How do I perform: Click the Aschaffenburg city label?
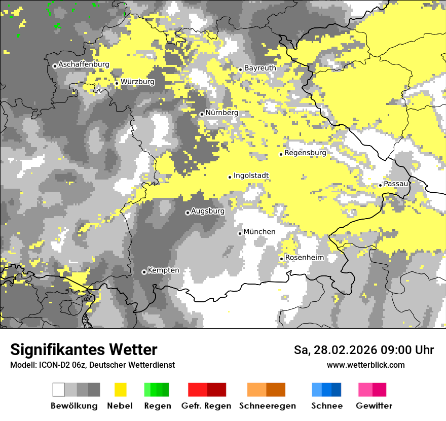tap(84, 64)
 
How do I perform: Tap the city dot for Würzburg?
tap(117, 83)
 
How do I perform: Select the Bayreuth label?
tap(260, 67)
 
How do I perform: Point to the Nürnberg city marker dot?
tap(202, 114)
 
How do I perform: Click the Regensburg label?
tap(305, 152)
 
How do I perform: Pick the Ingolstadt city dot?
tap(230, 177)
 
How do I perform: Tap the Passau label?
tap(396, 183)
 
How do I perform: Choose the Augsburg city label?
tap(208, 211)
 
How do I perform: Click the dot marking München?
tap(240, 233)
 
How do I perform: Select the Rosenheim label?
tap(304, 257)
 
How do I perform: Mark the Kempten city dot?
tap(144, 272)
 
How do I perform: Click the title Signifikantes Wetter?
tap(84, 349)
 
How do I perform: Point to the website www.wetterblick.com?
tap(365, 365)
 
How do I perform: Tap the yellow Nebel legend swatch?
tap(121, 390)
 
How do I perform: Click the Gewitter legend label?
tap(374, 406)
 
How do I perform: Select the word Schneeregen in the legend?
tap(267, 406)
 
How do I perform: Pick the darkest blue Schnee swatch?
tap(337, 390)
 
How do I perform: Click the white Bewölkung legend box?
tap(59, 390)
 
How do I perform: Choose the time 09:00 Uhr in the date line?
tap(401, 350)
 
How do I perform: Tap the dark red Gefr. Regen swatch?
tap(216, 390)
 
